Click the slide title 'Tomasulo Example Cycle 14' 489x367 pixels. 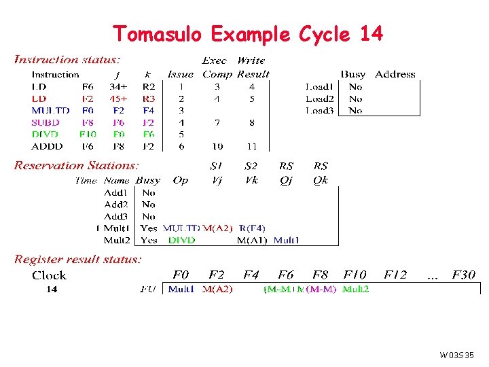(247, 33)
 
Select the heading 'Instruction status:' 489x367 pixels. (68, 60)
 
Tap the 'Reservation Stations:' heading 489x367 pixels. (77, 165)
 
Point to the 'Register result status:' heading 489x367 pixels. (78, 259)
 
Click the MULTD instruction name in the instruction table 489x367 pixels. (50, 110)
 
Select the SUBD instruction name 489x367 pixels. (46, 122)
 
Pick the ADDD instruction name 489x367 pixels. (47, 146)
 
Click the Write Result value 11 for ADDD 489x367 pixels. (251, 146)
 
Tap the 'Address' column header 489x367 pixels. (395, 74)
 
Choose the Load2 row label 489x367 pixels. (319, 99)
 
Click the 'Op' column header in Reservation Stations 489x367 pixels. (181, 180)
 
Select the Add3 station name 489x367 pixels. (116, 216)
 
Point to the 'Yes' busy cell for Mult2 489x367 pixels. (149, 240)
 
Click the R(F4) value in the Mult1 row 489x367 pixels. (252, 228)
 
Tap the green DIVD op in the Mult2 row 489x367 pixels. (181, 240)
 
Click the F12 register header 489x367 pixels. (395, 275)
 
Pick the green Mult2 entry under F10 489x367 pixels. (356, 289)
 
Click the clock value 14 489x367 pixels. (52, 289)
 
